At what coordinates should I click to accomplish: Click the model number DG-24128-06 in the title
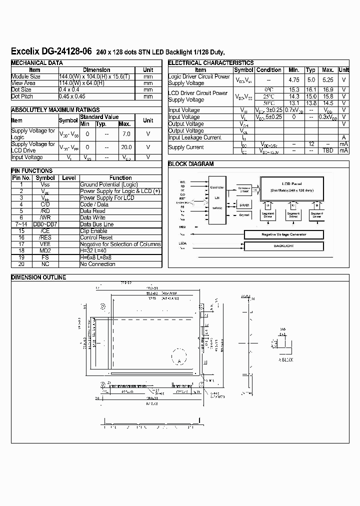pyautogui.click(x=67, y=51)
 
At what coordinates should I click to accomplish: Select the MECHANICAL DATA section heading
pyautogui.click(x=37, y=63)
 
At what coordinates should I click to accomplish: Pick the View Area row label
pyautogui.click(x=23, y=83)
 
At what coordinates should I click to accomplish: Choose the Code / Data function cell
pyautogui.click(x=94, y=204)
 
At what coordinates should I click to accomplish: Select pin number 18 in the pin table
pyautogui.click(x=21, y=250)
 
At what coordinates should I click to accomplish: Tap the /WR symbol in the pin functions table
pyautogui.click(x=45, y=217)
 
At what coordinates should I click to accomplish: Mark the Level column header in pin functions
pyautogui.click(x=68, y=177)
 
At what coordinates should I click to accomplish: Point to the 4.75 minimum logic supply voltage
pyautogui.click(x=294, y=79)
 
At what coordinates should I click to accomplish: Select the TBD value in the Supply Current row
pyautogui.click(x=327, y=150)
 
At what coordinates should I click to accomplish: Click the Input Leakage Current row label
pyautogui.click(x=194, y=137)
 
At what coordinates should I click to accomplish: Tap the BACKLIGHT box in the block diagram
pyautogui.click(x=283, y=245)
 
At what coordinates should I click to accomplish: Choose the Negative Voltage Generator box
pyautogui.click(x=283, y=234)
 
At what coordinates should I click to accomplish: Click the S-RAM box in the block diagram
pyautogui.click(x=243, y=205)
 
